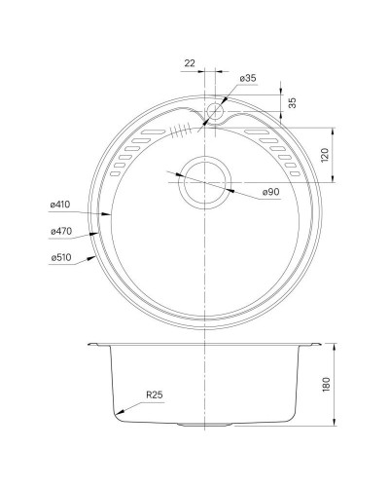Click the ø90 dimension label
272,192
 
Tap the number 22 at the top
190,64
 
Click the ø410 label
61,206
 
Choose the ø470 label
61,232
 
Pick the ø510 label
61,258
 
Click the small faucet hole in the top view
215,113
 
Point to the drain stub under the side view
194,427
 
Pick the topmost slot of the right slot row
255,131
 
